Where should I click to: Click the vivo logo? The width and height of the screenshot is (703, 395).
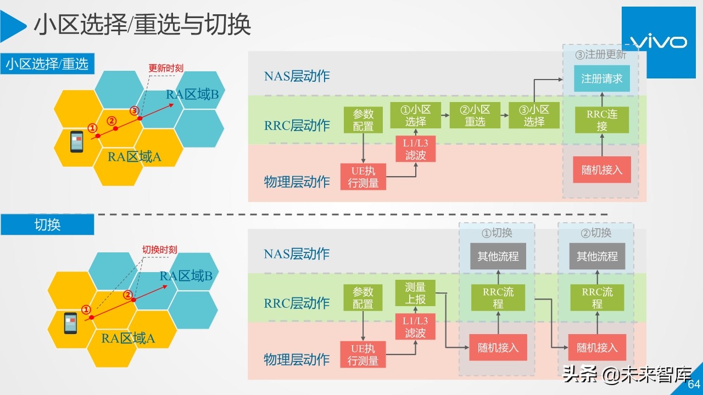click(656, 42)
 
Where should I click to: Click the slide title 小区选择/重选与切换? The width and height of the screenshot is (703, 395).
click(143, 25)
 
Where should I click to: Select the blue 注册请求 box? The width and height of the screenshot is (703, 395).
click(602, 79)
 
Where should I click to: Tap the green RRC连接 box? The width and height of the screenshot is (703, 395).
click(602, 120)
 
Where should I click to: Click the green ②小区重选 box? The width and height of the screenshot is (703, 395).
click(475, 115)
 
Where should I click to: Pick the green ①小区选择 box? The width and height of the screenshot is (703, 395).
click(416, 115)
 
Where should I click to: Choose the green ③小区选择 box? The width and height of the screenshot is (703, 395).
click(534, 115)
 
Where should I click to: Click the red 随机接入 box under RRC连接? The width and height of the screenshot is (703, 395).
click(602, 170)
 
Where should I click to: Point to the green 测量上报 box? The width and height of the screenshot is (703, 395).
click(415, 293)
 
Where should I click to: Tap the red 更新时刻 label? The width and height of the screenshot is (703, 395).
click(166, 69)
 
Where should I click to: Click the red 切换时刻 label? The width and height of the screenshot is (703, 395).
click(160, 250)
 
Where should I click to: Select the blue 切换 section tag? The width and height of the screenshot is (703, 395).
click(47, 225)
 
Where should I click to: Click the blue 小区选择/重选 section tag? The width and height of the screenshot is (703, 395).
click(47, 64)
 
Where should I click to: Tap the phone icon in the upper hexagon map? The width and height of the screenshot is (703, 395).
click(76, 142)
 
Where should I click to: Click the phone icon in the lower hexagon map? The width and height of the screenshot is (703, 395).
click(70, 323)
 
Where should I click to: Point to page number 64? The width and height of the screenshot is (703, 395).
click(694, 384)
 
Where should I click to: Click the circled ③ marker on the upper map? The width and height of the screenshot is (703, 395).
click(134, 111)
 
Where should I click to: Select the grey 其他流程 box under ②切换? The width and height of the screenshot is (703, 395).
click(597, 256)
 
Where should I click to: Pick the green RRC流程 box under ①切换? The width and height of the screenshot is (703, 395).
click(498, 298)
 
